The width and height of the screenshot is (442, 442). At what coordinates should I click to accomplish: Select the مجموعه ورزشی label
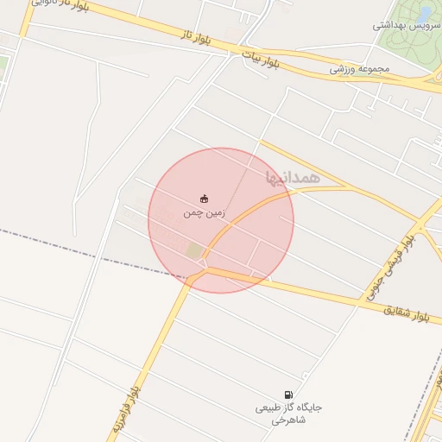[x=359, y=68]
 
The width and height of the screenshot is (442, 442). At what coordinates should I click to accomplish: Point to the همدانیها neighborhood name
[x=294, y=176]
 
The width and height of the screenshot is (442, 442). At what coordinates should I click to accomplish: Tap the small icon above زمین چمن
[x=204, y=198]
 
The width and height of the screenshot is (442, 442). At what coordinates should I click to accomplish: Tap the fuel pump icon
[x=287, y=394]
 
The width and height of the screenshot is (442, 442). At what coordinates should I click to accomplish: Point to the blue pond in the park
[x=425, y=14]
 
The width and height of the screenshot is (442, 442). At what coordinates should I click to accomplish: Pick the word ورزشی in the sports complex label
[x=343, y=68]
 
